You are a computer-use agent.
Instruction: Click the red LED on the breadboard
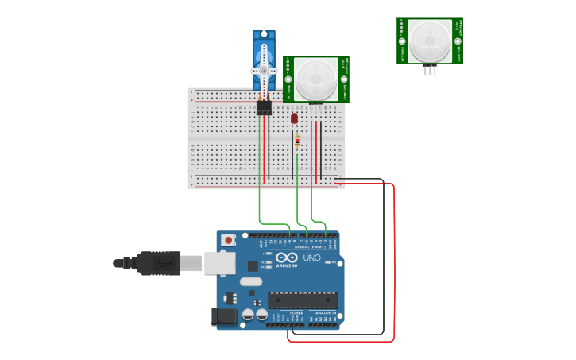294,118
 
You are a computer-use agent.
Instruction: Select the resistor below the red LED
297,141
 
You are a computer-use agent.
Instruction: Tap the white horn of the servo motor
264,71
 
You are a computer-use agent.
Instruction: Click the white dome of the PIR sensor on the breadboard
315,78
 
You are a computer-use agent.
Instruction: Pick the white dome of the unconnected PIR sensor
430,40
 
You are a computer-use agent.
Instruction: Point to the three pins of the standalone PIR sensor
430,71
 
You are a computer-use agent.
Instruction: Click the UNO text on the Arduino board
311,257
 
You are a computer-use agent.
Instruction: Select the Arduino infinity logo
287,257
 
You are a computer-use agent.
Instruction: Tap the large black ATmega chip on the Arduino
302,300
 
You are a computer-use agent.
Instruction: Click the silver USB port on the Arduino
219,263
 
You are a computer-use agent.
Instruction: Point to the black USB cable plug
158,263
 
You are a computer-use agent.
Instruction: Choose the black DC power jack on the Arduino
225,317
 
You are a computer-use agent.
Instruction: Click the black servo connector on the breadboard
264,107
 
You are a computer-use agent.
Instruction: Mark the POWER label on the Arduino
296,313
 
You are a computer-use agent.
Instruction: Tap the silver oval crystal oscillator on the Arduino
250,281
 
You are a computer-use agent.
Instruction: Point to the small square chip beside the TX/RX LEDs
253,266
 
